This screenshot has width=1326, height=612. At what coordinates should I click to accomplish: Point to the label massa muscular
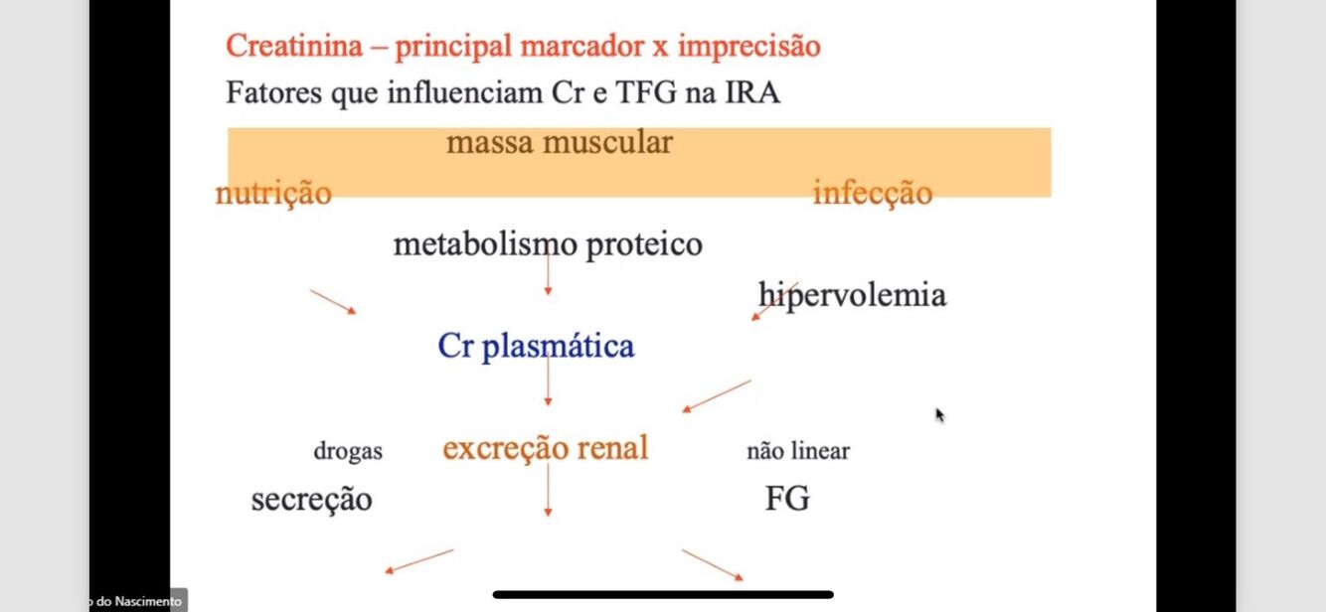560,142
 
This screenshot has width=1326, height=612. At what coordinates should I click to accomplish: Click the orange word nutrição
273,192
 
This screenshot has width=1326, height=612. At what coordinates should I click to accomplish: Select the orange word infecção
873,192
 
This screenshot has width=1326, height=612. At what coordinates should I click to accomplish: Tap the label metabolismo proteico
548,244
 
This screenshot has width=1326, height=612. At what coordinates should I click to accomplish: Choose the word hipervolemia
852,295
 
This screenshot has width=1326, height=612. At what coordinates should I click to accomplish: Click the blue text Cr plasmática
536,347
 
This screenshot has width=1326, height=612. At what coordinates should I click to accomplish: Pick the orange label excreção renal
546,448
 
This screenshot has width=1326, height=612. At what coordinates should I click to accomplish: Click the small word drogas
348,452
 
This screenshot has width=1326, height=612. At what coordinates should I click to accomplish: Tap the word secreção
311,499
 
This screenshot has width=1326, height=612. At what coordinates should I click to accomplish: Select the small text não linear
798,452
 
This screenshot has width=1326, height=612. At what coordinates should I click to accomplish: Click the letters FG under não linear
787,499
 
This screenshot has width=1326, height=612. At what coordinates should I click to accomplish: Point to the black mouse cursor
939,414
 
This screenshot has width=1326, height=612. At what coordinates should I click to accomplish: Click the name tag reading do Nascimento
137,601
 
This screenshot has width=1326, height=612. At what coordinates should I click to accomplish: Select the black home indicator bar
663,595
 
